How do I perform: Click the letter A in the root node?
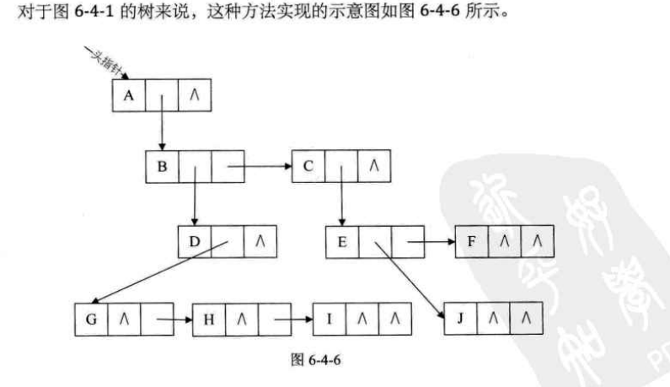[x=128, y=95]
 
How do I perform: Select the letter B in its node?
[x=162, y=167]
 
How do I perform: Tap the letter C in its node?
[x=308, y=167]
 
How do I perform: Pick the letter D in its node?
[x=195, y=242]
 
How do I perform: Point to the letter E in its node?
[x=342, y=242]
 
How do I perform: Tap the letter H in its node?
[x=210, y=320]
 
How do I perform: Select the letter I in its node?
[x=330, y=320]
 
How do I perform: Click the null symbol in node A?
[x=193, y=95]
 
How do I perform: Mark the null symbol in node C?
[x=373, y=167]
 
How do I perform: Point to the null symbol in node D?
[x=260, y=242]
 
